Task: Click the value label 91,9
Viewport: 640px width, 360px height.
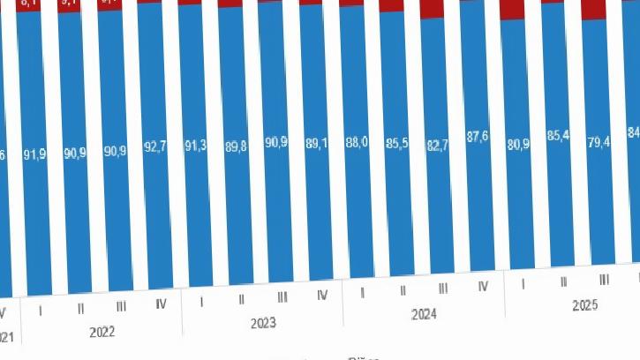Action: [35, 154]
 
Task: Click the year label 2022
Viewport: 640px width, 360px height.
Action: [102, 333]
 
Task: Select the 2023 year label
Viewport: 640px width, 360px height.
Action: [263, 323]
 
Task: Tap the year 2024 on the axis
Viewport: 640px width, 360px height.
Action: [425, 314]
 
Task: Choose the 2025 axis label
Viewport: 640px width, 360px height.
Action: [585, 305]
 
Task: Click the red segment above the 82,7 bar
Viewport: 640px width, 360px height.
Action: [433, 9]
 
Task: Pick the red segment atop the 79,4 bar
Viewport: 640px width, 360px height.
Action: [595, 10]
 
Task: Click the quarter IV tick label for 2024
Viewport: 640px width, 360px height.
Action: [484, 287]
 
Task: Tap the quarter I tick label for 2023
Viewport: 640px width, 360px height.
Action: [202, 302]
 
